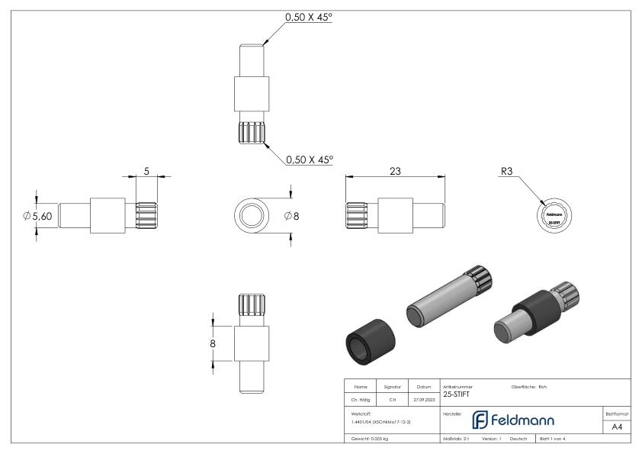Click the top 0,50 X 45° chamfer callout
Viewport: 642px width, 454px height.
click(309, 17)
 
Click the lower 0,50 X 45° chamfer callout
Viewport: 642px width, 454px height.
click(309, 160)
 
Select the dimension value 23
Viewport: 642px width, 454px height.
click(395, 172)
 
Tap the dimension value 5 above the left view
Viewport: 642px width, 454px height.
click(146, 172)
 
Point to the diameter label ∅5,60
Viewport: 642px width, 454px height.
click(37, 216)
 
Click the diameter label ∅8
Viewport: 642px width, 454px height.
click(291, 216)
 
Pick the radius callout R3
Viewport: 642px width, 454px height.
click(506, 172)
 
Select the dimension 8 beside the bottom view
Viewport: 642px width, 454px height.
click(213, 344)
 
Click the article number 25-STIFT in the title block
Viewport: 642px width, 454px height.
click(457, 394)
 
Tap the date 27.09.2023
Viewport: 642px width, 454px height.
click(423, 398)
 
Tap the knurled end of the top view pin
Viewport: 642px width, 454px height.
click(251, 133)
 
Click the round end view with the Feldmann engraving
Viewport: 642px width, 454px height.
click(554, 215)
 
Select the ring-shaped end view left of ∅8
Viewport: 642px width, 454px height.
click(252, 216)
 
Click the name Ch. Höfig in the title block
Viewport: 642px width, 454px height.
click(361, 398)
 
